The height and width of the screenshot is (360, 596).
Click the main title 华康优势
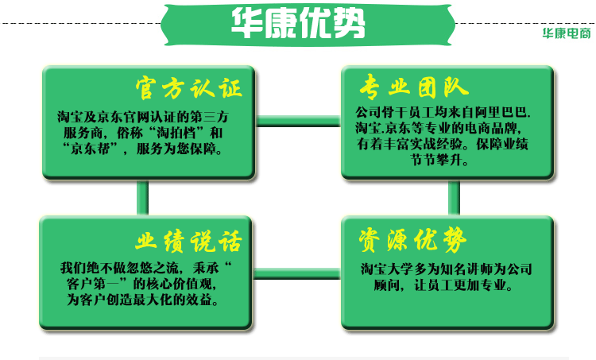click(298, 23)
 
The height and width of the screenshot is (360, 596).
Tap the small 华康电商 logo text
click(566, 34)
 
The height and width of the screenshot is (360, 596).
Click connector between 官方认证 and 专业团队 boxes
click(298, 121)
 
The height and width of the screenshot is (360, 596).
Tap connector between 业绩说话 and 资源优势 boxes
click(298, 272)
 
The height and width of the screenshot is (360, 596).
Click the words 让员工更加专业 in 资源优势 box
click(464, 283)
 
